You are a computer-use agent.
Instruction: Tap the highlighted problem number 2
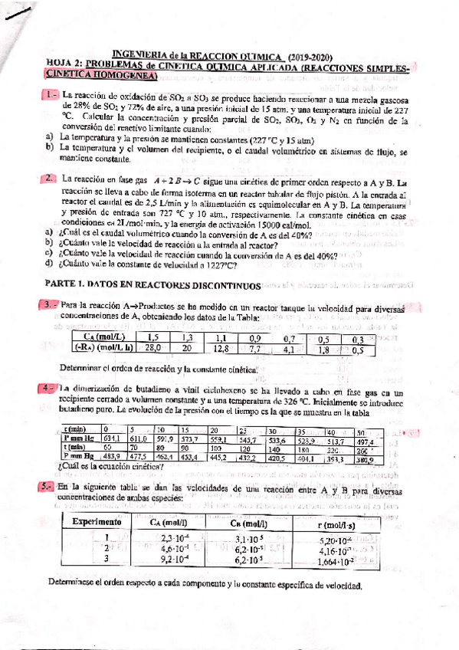click(49, 179)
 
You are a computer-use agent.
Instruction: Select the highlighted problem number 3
click(49, 305)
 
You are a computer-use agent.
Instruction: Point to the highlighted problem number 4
click(49, 387)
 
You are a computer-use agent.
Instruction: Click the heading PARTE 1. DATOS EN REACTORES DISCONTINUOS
click(153, 284)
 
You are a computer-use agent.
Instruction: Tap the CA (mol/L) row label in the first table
click(102, 337)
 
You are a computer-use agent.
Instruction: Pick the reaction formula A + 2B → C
click(176, 179)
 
